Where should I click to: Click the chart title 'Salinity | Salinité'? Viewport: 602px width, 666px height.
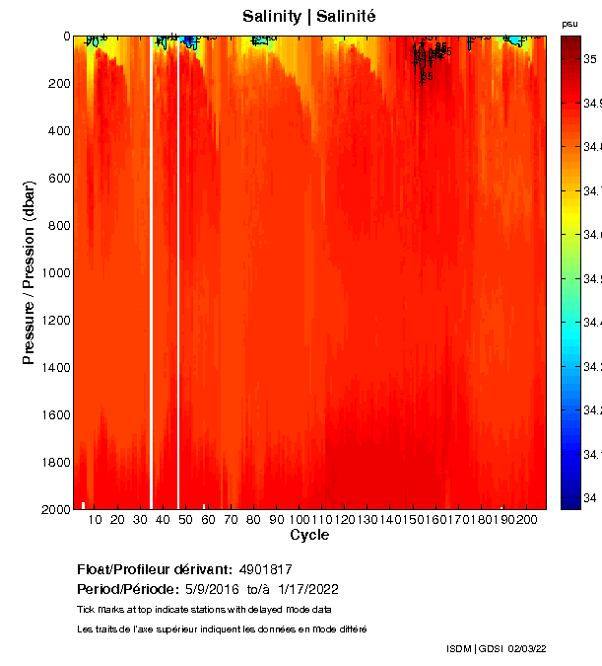(309, 17)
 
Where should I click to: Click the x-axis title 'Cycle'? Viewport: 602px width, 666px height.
(309, 535)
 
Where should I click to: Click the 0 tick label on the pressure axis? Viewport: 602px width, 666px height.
(65, 37)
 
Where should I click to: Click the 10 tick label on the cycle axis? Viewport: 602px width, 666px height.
(95, 520)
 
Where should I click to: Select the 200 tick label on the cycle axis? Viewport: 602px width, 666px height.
(527, 520)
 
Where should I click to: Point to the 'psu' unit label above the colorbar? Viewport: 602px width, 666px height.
(569, 23)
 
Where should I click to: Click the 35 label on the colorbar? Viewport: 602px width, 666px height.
(588, 59)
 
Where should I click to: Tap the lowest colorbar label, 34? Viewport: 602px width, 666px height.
(588, 497)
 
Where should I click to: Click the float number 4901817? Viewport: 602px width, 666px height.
(266, 569)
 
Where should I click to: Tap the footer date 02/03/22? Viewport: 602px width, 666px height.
(527, 648)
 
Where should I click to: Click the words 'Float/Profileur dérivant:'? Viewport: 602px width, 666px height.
(154, 569)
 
